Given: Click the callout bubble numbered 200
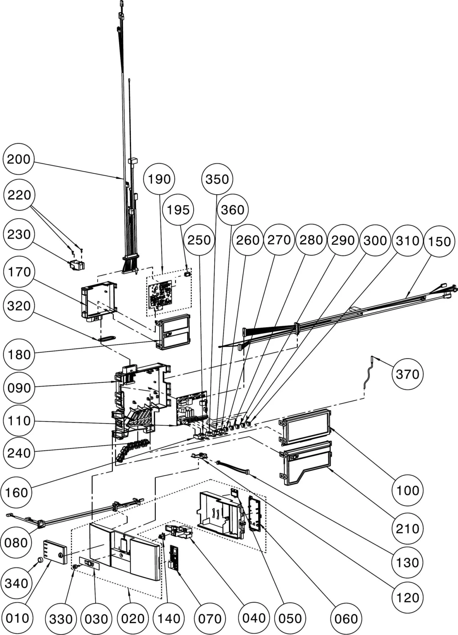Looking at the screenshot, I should [19, 159].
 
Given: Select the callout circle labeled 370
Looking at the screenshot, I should [407, 374].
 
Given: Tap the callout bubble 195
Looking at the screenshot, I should [178, 210].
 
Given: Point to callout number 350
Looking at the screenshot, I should [217, 179].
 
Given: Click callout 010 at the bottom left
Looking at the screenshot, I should [17, 618].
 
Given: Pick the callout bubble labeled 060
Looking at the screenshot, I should [346, 619].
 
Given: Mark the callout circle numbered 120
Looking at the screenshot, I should [407, 597].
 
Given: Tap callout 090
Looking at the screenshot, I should [19, 388].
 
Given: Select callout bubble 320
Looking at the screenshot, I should [19, 306].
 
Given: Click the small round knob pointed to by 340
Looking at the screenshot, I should [39, 560].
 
